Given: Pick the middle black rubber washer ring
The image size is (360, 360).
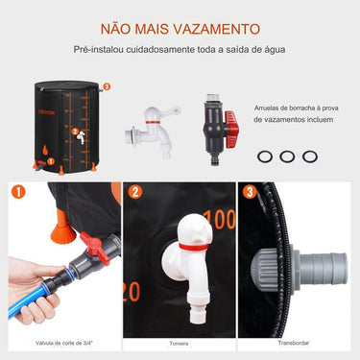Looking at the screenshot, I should pos(287,156).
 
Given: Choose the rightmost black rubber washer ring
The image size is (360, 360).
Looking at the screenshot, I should pos(308,156).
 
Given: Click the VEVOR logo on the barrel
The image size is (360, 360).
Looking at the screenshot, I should pos(46,108).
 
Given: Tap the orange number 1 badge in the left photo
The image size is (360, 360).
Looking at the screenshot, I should pos(18,193).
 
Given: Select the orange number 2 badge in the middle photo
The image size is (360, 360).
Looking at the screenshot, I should pos(135,193).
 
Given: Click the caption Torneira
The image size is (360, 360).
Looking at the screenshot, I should pos(180,341).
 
